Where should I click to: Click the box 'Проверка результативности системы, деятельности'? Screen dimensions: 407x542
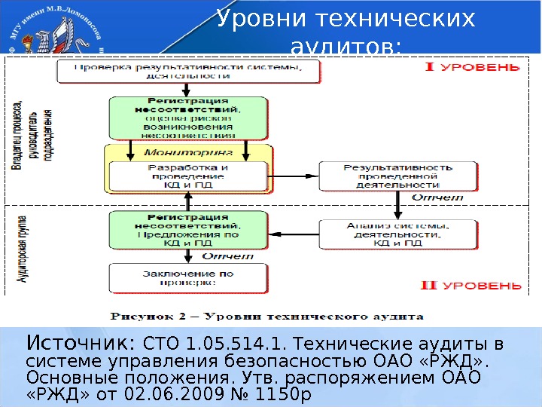pos(189,71)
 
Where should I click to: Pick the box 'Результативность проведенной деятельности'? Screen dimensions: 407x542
pos(397,175)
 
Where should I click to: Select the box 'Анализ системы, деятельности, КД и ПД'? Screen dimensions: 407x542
pos(397,234)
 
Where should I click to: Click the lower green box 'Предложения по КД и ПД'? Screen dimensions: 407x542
pos(188,229)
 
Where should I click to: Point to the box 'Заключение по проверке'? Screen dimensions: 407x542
pos(188,279)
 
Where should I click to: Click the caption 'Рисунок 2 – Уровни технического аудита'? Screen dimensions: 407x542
pos(267,316)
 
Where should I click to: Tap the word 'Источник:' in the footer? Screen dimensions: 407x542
pos(81,344)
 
